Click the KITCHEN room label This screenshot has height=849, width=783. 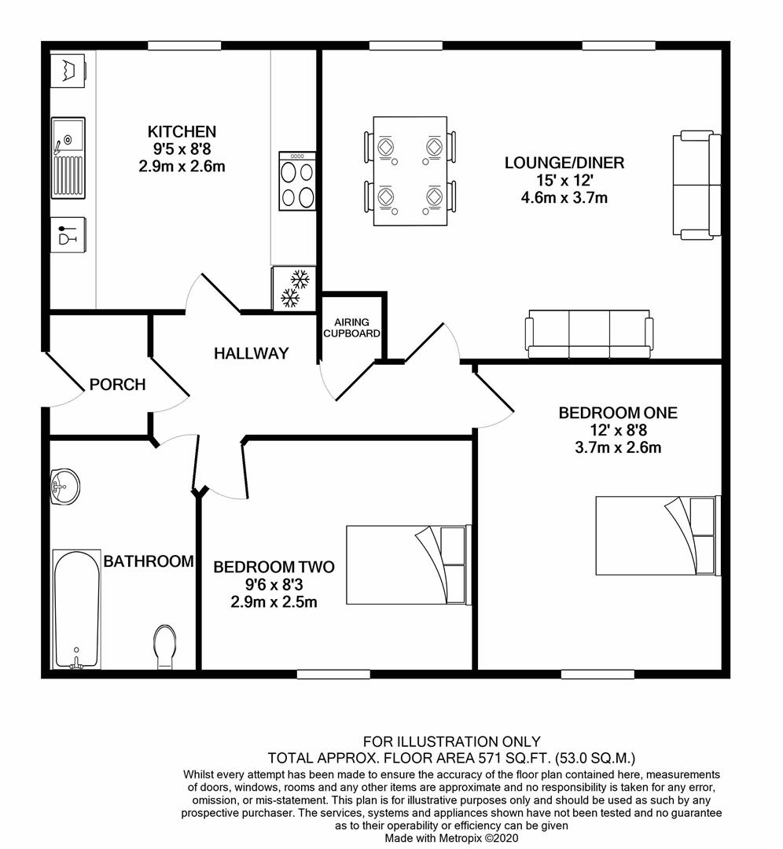point(182,131)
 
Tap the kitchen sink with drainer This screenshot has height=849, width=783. point(68,157)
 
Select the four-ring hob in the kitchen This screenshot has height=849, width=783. point(297,181)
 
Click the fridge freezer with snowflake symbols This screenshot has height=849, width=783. point(294,289)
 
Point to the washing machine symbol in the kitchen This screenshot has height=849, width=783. point(68,70)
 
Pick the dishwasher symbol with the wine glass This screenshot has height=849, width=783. point(68,234)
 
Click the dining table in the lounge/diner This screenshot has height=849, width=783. point(410,171)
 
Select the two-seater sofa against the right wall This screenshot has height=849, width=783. point(697,185)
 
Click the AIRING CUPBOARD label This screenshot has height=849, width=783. point(352,328)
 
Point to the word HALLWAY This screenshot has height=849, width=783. point(252,354)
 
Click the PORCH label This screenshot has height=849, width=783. point(117,384)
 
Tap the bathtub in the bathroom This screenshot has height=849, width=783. point(77,610)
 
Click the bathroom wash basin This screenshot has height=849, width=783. point(65,487)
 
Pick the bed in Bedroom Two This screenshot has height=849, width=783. point(409,564)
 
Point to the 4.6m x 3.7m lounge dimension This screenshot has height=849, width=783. point(564,197)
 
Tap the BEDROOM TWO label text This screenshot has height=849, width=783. point(274,567)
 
